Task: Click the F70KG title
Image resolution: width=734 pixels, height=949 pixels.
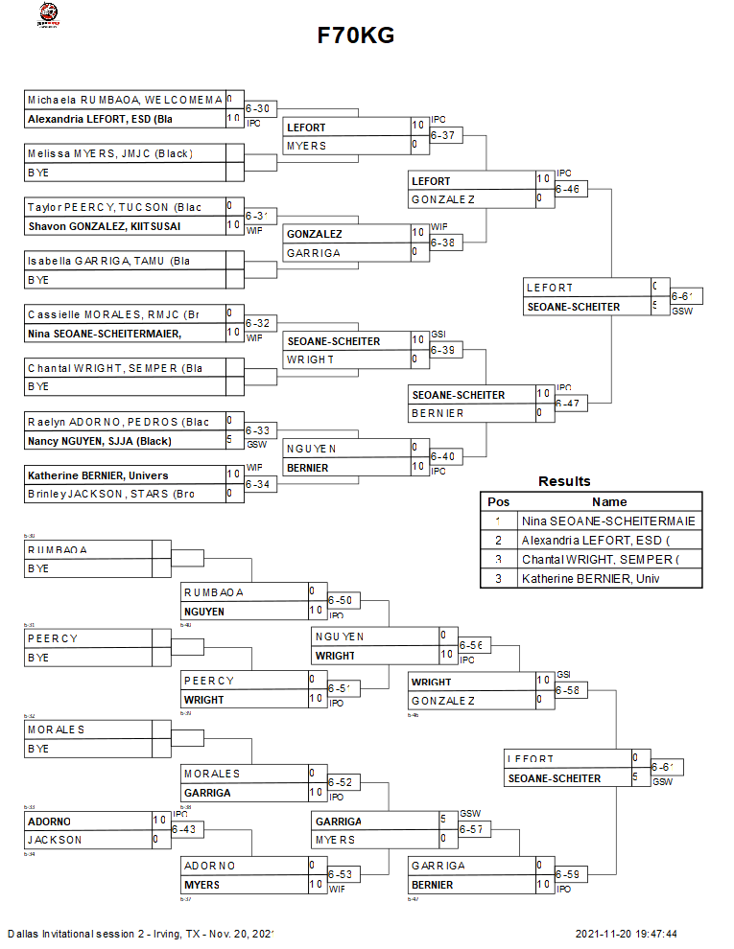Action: (356, 35)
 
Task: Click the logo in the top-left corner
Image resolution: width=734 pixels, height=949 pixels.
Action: (47, 14)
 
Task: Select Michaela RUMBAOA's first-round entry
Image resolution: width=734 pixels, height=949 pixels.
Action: (125, 100)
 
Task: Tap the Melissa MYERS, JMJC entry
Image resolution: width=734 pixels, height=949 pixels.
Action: (109, 153)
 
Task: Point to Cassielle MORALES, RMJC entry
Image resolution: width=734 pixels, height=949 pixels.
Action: (112, 313)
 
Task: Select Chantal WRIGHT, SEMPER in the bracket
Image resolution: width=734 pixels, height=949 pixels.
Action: (114, 367)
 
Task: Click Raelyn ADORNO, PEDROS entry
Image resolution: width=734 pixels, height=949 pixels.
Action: (118, 421)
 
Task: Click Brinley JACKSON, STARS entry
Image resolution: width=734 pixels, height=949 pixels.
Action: (111, 494)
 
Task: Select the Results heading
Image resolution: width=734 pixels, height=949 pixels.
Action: (564, 481)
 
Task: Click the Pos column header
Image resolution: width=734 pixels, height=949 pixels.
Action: (499, 501)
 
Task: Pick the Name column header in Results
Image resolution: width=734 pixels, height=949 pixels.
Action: (609, 501)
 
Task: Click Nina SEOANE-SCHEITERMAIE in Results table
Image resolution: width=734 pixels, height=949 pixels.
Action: (608, 521)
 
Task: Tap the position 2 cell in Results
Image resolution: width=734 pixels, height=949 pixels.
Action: (499, 541)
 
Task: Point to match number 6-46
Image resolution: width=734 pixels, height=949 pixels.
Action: (567, 190)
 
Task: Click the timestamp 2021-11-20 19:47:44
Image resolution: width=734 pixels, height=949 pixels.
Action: (627, 934)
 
